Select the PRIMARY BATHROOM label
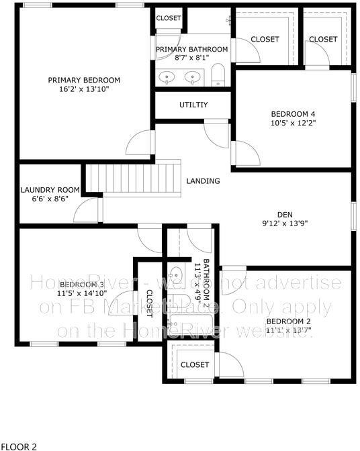click(192, 49)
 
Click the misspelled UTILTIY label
click(193, 105)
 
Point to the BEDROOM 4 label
click(293, 113)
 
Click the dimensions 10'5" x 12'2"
click(293, 123)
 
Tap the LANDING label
click(203, 181)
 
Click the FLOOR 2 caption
click(19, 445)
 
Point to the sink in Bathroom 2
click(176, 274)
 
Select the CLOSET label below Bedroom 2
click(195, 364)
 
